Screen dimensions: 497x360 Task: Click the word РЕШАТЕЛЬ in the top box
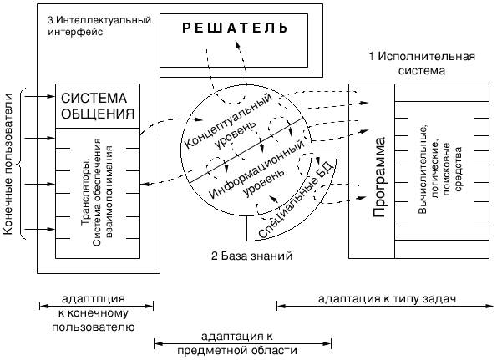pos(235,28)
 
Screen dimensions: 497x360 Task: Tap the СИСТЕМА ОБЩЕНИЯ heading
pos(98,106)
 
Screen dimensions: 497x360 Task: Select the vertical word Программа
pos(378,177)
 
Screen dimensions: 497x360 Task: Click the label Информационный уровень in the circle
pos(256,171)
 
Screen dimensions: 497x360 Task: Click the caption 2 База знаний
pos(251,256)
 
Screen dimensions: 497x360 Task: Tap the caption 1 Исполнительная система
pos(422,63)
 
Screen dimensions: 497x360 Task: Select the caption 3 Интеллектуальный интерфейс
pos(99,26)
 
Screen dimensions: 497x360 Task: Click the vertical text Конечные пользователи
pos(8,164)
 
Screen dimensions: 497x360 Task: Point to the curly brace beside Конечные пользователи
pos(21,164)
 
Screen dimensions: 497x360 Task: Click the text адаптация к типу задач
pos(387,298)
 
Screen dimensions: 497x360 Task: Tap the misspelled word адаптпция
pos(94,298)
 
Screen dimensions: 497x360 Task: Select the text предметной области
pos(237,351)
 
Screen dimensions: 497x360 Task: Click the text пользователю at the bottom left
pos(94,327)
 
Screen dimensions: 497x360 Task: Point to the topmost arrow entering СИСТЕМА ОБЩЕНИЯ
pos(40,96)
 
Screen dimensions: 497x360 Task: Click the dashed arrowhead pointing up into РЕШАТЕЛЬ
pos(236,43)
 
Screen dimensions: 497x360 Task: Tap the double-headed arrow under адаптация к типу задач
pos(385,307)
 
